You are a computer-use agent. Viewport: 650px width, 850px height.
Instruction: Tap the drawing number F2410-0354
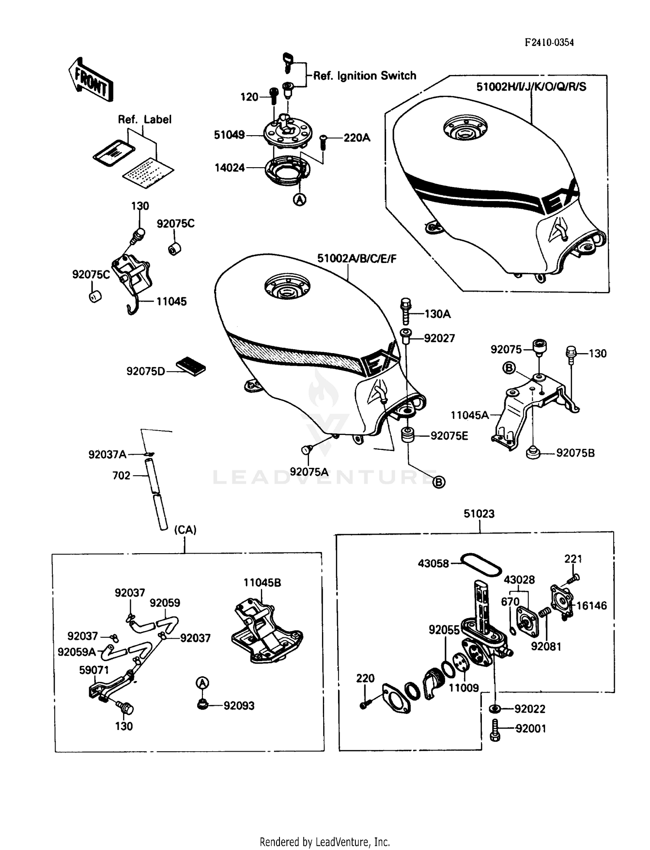(549, 42)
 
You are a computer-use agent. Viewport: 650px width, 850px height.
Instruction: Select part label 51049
(229, 135)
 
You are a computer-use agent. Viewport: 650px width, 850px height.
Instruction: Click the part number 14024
(230, 168)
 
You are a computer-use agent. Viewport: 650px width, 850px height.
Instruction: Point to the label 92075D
(146, 371)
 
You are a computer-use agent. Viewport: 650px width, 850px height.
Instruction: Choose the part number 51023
(479, 514)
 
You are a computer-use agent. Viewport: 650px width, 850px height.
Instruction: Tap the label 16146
(591, 606)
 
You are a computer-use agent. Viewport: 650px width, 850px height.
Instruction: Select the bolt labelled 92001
(495, 728)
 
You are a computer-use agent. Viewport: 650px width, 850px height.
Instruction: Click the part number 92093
(239, 706)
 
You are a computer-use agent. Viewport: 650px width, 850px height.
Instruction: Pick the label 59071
(94, 670)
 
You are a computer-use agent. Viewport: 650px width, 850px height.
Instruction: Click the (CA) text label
(185, 530)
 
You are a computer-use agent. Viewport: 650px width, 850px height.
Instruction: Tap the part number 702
(121, 476)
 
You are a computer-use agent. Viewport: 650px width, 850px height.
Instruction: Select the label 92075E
(449, 436)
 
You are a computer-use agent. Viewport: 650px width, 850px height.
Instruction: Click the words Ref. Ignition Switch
(364, 76)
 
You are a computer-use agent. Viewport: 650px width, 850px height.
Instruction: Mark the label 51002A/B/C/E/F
(357, 259)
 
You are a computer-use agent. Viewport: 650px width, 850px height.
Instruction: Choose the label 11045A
(470, 415)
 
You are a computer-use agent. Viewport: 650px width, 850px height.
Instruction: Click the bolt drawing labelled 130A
(406, 311)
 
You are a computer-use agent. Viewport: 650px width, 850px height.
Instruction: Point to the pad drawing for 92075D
(191, 367)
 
